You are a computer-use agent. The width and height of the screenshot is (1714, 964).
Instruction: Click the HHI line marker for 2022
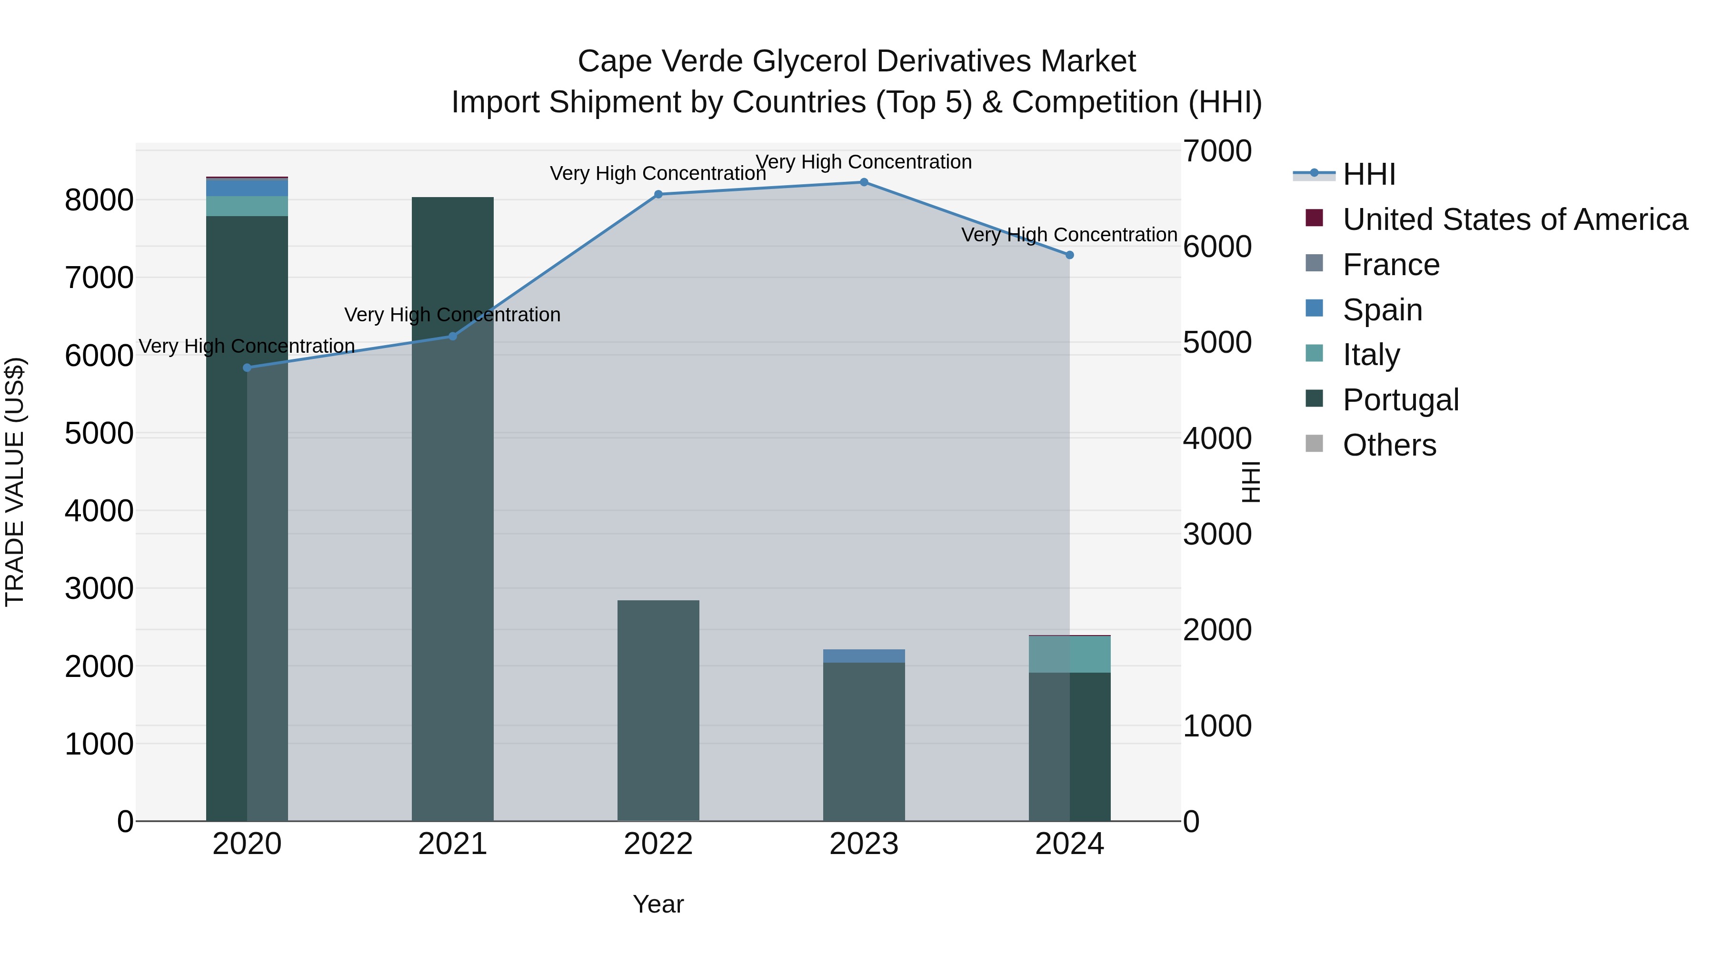[x=658, y=194]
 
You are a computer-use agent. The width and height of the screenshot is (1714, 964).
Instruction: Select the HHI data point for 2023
[x=864, y=182]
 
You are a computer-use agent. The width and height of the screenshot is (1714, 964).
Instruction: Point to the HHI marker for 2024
[x=1069, y=255]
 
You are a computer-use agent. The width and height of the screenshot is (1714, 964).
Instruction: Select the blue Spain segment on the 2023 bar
[x=864, y=656]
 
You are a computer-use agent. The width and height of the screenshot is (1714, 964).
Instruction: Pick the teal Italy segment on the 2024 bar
[x=1069, y=654]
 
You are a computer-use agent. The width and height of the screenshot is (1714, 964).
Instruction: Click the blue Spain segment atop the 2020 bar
[x=247, y=188]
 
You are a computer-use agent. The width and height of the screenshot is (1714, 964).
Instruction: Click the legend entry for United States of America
[x=1515, y=219]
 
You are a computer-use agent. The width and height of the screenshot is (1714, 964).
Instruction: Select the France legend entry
[x=1391, y=265]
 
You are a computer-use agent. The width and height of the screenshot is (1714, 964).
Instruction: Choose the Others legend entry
[x=1389, y=445]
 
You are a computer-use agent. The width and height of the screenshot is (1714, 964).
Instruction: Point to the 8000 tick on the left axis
[x=99, y=199]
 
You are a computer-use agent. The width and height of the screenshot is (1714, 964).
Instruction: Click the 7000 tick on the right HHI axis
[x=1217, y=151]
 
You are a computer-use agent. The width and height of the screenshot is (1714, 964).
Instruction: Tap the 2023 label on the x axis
[x=864, y=844]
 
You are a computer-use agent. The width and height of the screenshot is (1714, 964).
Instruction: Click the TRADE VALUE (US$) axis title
[x=15, y=482]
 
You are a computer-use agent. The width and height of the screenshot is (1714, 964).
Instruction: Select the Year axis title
[x=658, y=904]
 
